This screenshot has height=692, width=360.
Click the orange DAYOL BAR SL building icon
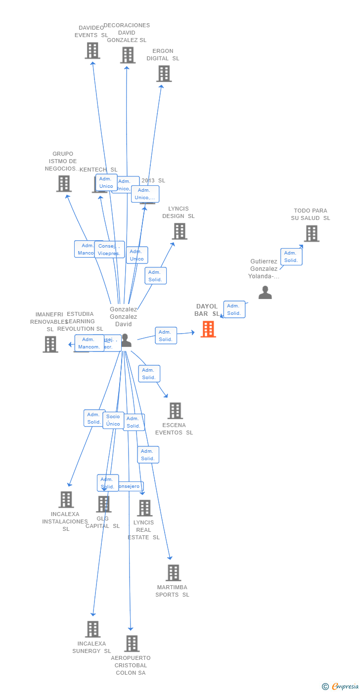pyautogui.click(x=208, y=329)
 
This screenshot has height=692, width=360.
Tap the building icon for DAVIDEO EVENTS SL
pyautogui.click(x=92, y=50)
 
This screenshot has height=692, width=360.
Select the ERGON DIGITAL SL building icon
pyautogui.click(x=164, y=74)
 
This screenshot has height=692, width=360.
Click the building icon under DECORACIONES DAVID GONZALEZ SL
pyautogui.click(x=128, y=55)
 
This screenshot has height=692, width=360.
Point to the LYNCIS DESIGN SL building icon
pyautogui.click(x=180, y=231)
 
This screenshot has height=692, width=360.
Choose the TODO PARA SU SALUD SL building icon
pyautogui.click(x=312, y=233)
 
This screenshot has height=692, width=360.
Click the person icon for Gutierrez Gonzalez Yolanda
pyautogui.click(x=265, y=293)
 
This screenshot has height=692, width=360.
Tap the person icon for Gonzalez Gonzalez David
pyautogui.click(x=126, y=340)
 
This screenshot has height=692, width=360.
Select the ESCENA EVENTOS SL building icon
pyautogui.click(x=175, y=411)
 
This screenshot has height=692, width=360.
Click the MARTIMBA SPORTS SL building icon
pyautogui.click(x=173, y=573)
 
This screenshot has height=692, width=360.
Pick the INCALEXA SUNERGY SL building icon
pyautogui.click(x=92, y=629)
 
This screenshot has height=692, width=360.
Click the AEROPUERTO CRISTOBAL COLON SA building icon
pyautogui.click(x=132, y=644)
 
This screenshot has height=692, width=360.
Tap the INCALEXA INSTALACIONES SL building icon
pyautogui.click(x=66, y=500)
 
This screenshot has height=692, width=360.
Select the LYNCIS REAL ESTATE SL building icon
pyautogui.click(x=144, y=508)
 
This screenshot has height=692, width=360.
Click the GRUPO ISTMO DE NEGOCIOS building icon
pyautogui.click(x=64, y=184)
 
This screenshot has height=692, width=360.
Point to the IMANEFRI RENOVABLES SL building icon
pyautogui.click(x=50, y=345)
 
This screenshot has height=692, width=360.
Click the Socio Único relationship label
pyautogui.click(x=113, y=420)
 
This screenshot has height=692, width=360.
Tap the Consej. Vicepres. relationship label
pyautogui.click(x=109, y=250)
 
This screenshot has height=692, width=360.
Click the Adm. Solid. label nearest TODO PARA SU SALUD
pyautogui.click(x=291, y=257)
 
